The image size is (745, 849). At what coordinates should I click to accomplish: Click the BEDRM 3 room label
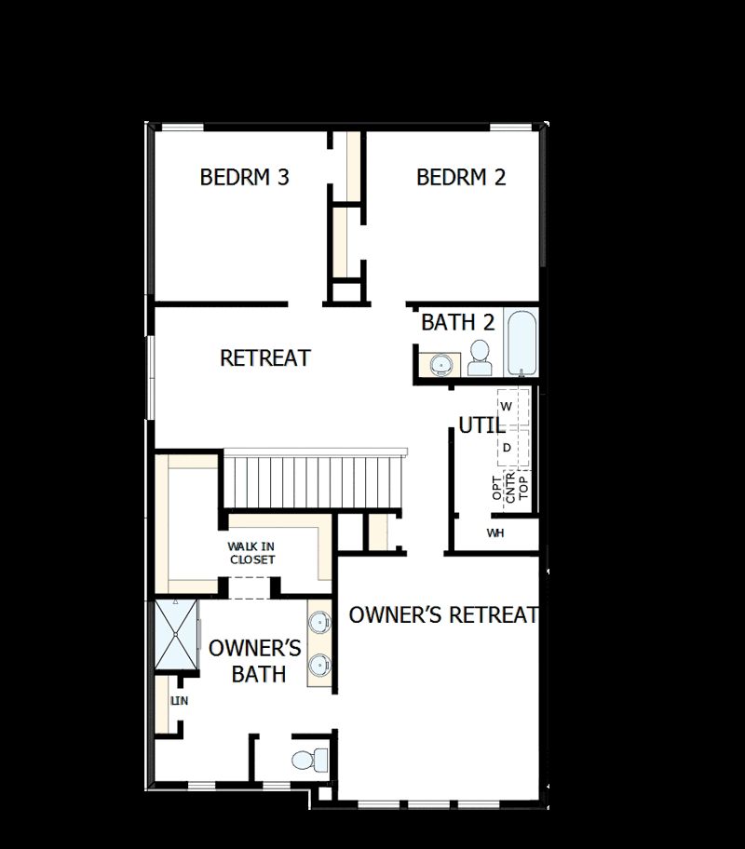pos(244,177)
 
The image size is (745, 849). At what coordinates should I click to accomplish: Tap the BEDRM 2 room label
pos(461,177)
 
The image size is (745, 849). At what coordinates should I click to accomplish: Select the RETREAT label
pos(264,357)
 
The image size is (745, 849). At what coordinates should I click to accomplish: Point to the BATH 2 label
pos(457,323)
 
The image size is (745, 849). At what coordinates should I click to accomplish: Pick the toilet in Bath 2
pos(480,357)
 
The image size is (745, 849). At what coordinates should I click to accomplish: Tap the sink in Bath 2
pos(440,363)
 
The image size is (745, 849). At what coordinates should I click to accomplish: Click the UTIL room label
pos(481,426)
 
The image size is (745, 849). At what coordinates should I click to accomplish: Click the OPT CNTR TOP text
pos(509,487)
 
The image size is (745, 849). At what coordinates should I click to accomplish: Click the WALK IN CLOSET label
pos(251,553)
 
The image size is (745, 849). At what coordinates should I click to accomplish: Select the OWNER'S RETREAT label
pos(443,615)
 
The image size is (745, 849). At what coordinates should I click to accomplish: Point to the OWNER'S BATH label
pos(254,660)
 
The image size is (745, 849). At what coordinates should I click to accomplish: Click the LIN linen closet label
pos(179,701)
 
